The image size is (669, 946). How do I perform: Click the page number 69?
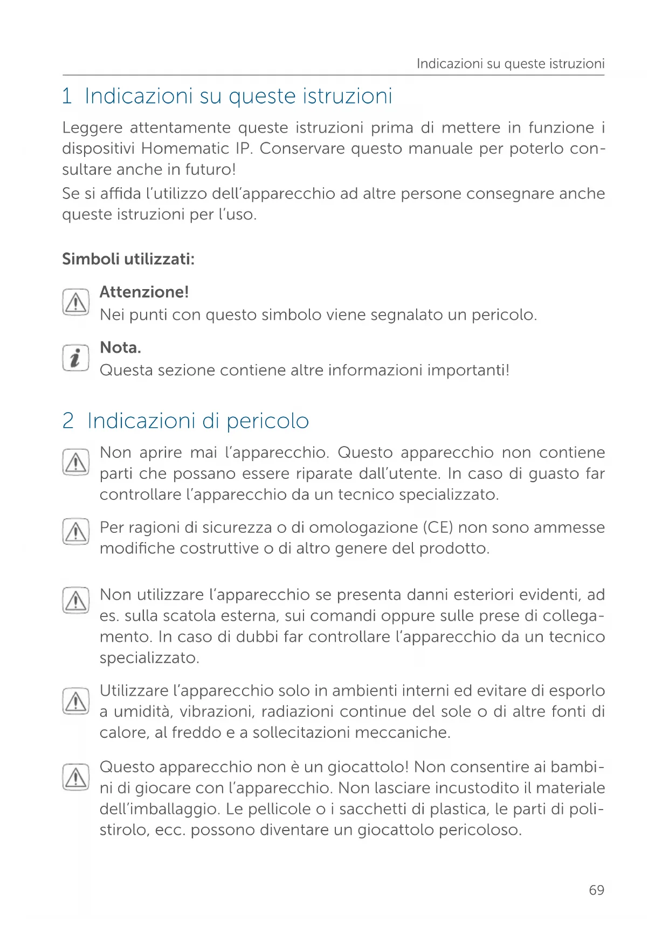coord(596,890)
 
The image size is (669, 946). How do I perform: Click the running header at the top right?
coord(510,64)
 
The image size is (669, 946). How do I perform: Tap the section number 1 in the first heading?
coord(67,96)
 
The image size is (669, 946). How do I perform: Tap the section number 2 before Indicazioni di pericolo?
coord(68,421)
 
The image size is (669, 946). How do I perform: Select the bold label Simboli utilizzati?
coord(128,259)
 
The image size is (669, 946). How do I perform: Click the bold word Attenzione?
coord(144,292)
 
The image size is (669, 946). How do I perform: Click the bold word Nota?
coord(120,347)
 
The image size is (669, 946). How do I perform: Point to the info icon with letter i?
coord(75,358)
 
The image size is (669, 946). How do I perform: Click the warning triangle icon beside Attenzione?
coord(75,303)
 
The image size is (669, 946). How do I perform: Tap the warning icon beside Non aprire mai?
coord(75,462)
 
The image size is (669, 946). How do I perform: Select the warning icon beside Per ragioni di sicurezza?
coord(75,532)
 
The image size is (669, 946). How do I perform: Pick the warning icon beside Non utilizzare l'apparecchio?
coord(75,600)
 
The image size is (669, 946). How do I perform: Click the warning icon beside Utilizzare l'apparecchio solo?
coord(75,701)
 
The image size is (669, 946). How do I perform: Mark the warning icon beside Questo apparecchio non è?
coord(75,777)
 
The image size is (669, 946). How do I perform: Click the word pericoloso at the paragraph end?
coord(479,830)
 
